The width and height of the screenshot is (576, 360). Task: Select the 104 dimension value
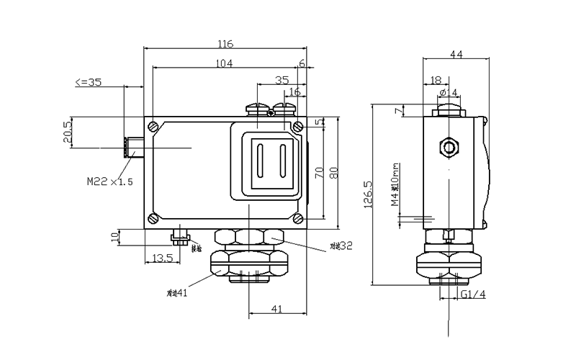click(225, 64)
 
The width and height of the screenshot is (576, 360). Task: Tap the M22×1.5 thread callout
click(110, 182)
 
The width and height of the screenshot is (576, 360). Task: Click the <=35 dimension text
click(89, 83)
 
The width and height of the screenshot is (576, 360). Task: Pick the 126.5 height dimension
click(368, 194)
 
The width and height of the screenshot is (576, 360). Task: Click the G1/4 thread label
click(474, 295)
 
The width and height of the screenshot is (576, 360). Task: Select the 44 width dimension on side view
click(456, 54)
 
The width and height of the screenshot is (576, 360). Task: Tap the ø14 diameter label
click(448, 93)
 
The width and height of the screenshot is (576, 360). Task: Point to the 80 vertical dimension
click(333, 173)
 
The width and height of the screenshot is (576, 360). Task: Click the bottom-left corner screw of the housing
click(153, 219)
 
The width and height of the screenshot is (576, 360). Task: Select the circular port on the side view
click(450, 148)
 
